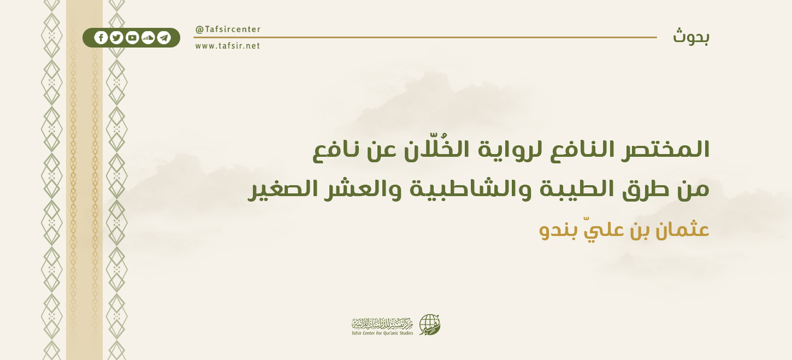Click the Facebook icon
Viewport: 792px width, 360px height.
pyautogui.click(x=101, y=38)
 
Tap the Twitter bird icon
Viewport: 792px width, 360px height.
pyautogui.click(x=116, y=38)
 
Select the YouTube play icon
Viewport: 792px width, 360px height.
pyautogui.click(x=132, y=38)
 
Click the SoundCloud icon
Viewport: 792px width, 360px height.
pyautogui.click(x=148, y=38)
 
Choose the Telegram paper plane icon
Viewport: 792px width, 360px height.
pyautogui.click(x=164, y=38)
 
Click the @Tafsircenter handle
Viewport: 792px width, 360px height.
pyautogui.click(x=228, y=29)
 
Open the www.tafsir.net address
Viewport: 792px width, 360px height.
pyautogui.click(x=228, y=46)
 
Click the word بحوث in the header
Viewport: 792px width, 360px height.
pyautogui.click(x=691, y=37)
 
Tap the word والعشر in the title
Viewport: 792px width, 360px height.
pyautogui.click(x=363, y=189)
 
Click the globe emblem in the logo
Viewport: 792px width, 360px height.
pyautogui.click(x=429, y=325)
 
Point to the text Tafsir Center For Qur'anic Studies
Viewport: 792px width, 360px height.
pyautogui.click(x=382, y=333)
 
